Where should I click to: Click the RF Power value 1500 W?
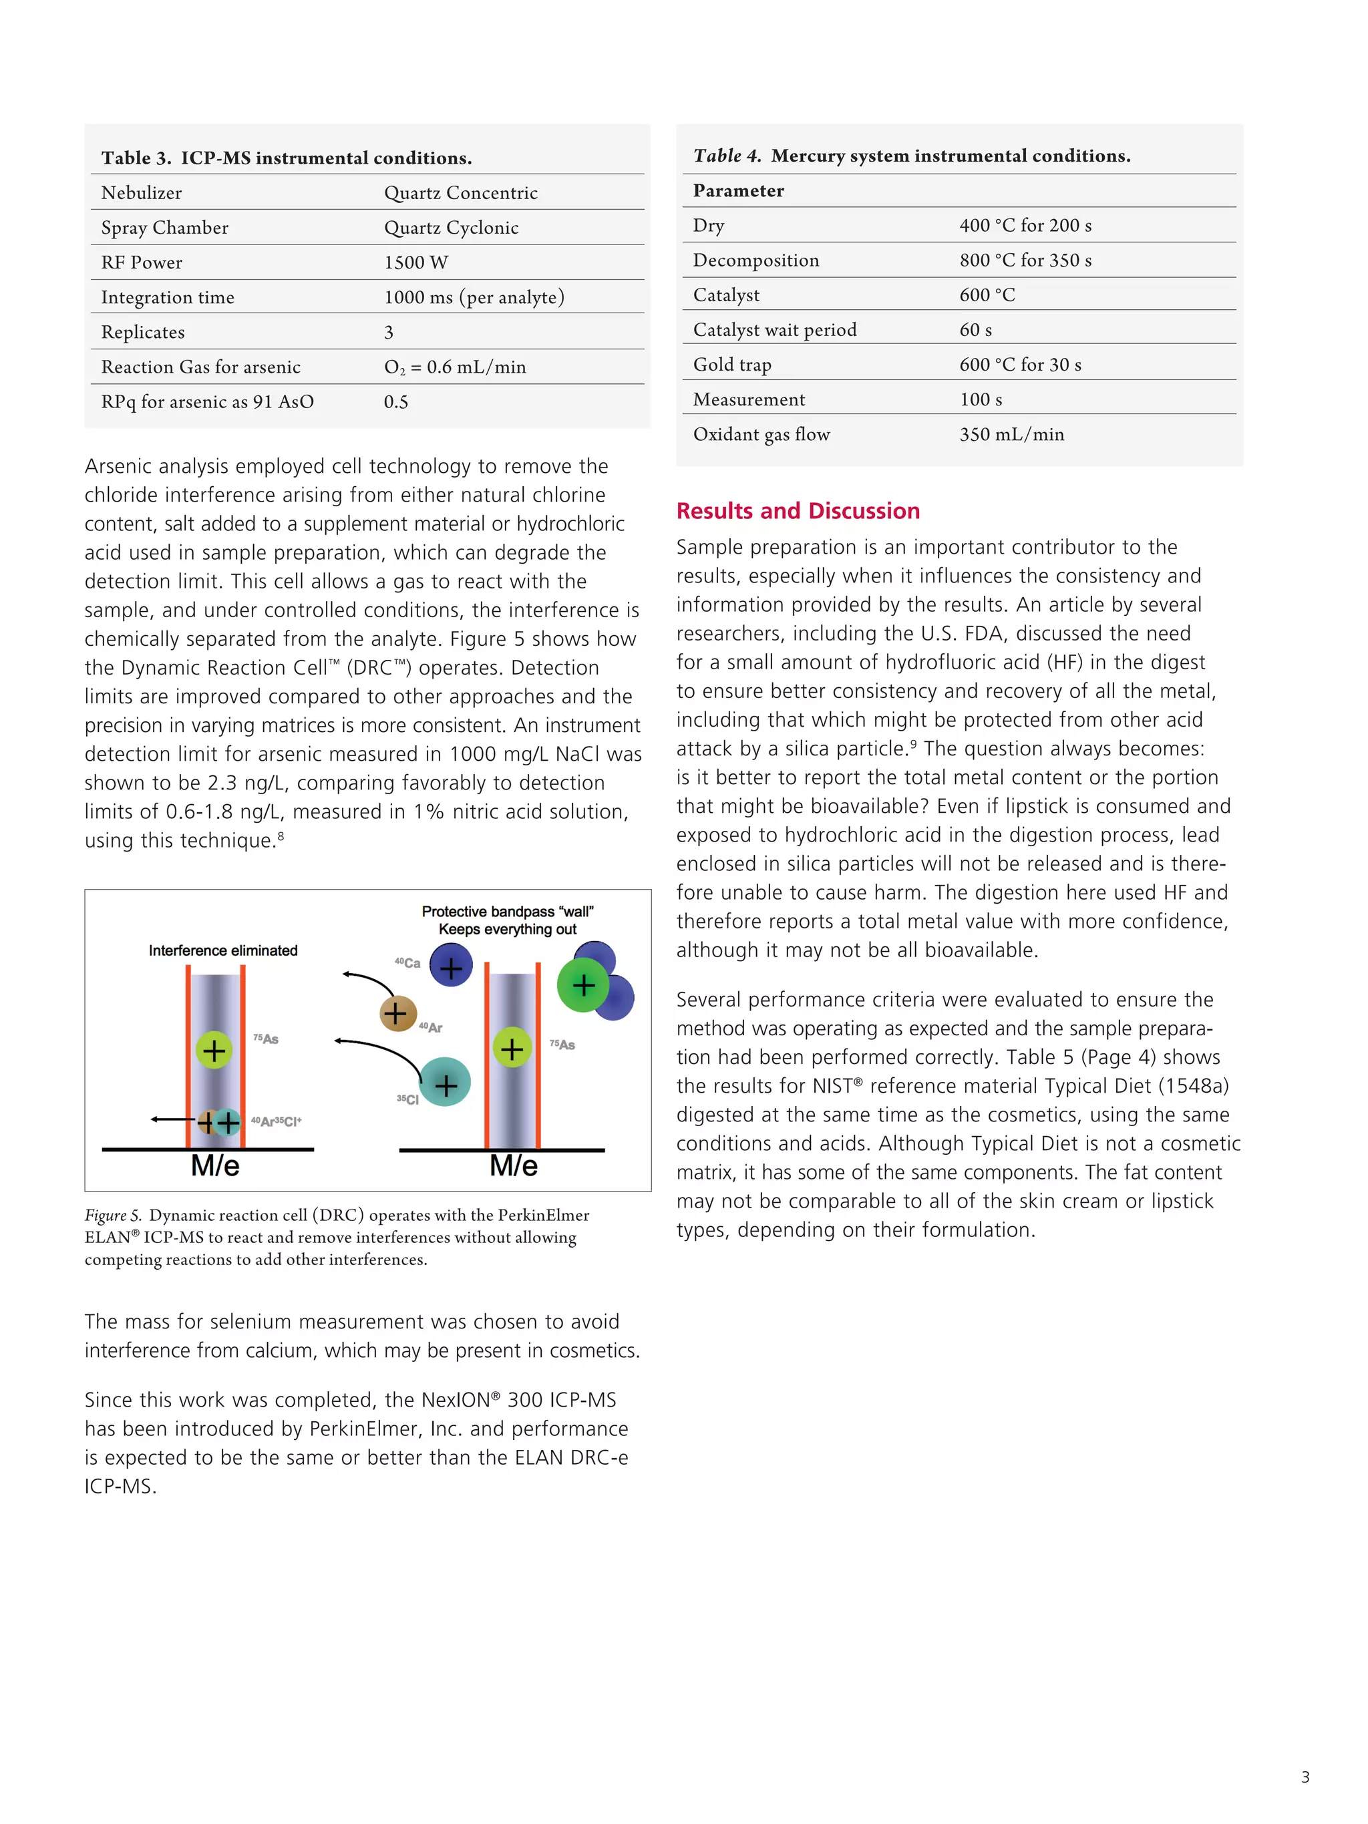pos(415,262)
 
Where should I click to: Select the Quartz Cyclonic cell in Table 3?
pos(451,228)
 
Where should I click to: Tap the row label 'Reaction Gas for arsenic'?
pos(200,367)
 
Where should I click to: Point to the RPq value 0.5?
pos(396,401)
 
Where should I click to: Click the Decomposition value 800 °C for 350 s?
pos(1025,260)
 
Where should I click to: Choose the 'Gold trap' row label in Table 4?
pos(732,365)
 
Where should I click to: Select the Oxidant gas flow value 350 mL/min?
pos(1011,435)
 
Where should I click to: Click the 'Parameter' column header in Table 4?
pos(738,190)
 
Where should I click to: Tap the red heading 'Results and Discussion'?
pos(798,510)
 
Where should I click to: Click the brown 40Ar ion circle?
pos(397,1013)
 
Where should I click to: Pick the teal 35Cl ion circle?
pos(446,1083)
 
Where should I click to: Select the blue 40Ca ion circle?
pos(451,966)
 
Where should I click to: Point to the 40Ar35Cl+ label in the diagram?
pos(277,1121)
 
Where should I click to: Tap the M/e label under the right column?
pos(513,1166)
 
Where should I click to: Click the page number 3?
pos(1305,1777)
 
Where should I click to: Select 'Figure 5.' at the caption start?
pos(113,1216)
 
